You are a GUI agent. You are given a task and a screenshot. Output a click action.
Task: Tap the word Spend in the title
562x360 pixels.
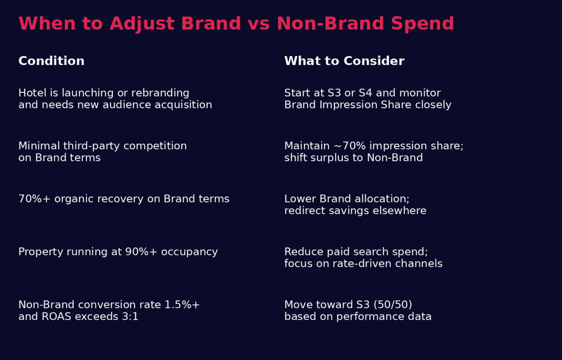point(422,24)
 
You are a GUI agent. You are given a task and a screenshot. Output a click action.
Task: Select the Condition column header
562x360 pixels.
point(51,61)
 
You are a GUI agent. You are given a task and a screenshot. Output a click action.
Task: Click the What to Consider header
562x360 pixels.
point(344,61)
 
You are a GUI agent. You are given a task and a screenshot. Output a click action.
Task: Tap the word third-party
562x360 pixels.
point(91,146)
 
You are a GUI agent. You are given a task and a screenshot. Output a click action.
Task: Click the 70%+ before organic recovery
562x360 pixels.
point(34,199)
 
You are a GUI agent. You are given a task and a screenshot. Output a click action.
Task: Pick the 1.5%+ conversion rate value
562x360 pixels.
point(182,305)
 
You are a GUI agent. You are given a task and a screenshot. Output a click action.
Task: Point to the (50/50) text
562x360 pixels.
point(393,305)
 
